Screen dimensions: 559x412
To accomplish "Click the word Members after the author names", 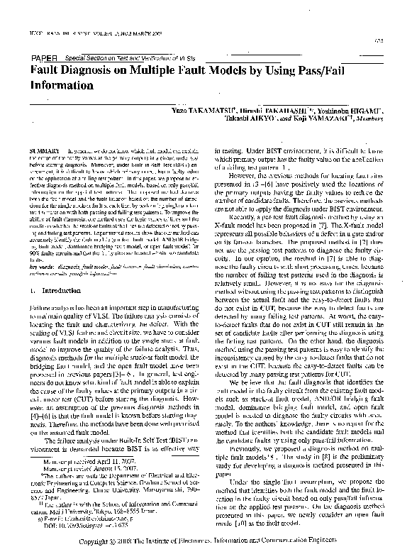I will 369,121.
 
